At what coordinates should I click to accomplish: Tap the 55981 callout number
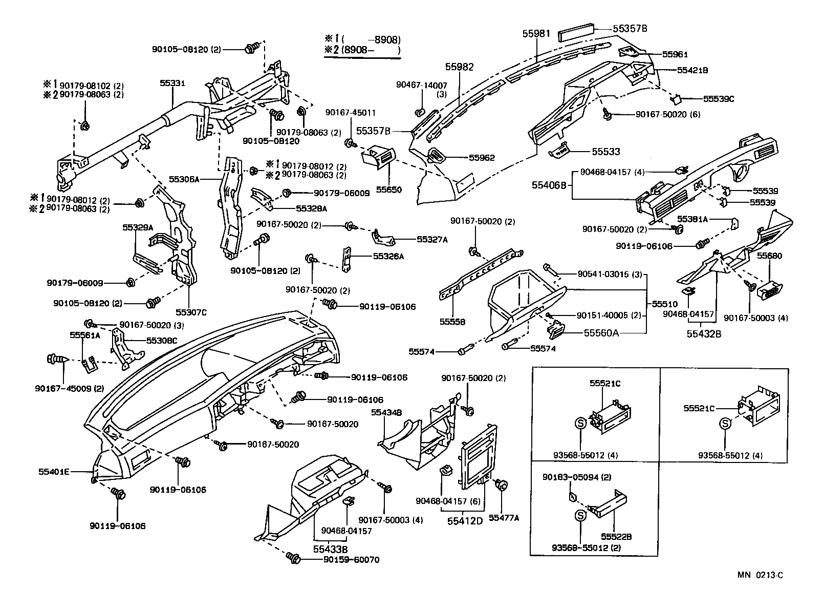[x=536, y=34]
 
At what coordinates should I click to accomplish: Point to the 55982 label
[x=459, y=67]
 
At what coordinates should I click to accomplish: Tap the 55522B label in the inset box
[x=616, y=537]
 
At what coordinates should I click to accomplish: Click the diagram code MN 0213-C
[x=760, y=575]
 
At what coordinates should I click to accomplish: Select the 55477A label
[x=504, y=518]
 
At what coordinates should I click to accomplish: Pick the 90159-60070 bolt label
[x=351, y=560]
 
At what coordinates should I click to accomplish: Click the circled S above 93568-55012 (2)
[x=580, y=516]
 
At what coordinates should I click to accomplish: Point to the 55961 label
[x=675, y=54]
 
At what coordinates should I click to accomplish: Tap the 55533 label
[x=606, y=152]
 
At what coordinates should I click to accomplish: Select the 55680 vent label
[x=771, y=256]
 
